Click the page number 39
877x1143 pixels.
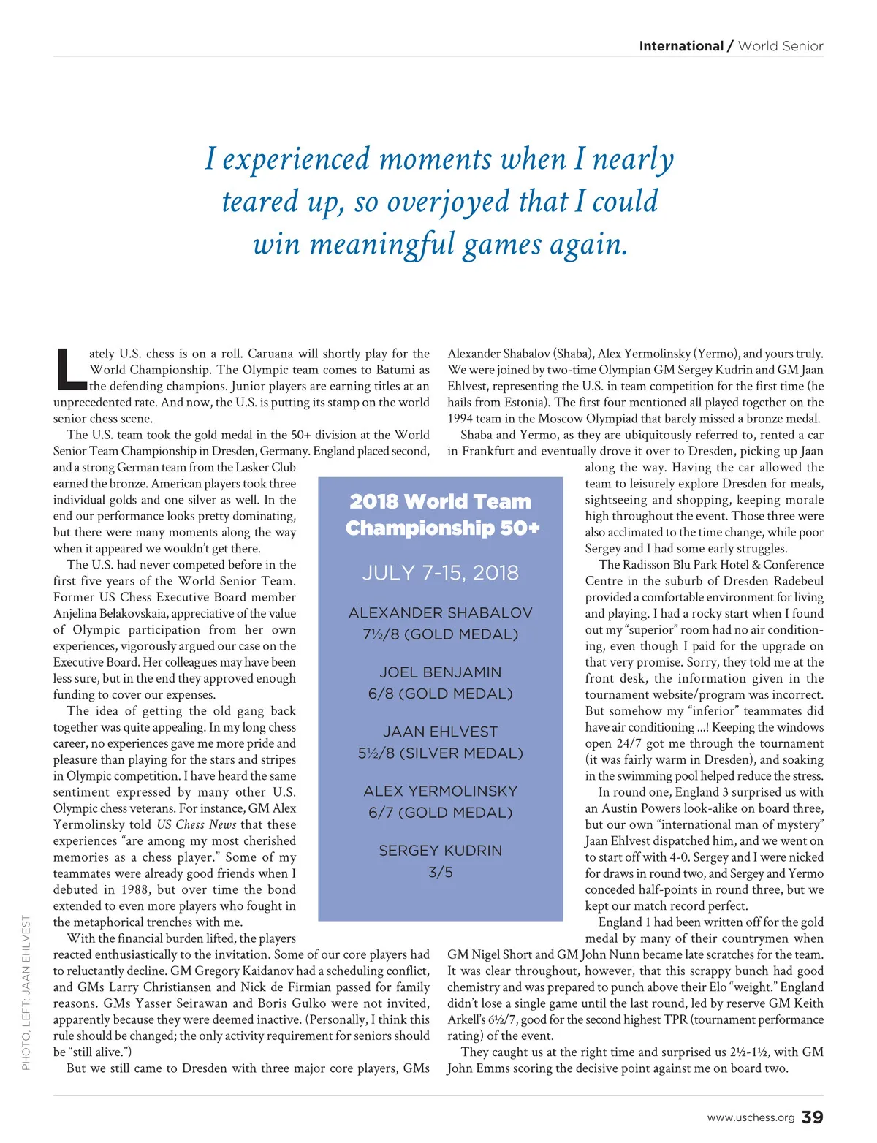click(813, 1117)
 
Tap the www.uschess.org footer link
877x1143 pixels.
click(751, 1118)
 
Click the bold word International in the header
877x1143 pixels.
click(680, 46)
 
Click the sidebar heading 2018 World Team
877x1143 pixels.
click(441, 502)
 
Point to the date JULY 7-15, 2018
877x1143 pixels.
click(441, 573)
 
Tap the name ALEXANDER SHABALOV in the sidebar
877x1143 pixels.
click(441, 613)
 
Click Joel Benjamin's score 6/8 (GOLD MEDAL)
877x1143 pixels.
click(441, 694)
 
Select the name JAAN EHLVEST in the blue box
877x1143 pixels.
click(441, 732)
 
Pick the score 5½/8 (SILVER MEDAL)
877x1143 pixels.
click(441, 753)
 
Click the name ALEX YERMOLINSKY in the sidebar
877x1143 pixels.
click(441, 791)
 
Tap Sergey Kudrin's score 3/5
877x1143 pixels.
click(441, 873)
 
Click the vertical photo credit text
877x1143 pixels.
click(26, 992)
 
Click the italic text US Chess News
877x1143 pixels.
click(197, 825)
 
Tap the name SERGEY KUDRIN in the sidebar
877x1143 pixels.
click(441, 851)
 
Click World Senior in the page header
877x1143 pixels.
click(781, 46)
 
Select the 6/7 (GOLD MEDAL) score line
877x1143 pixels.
click(441, 813)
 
